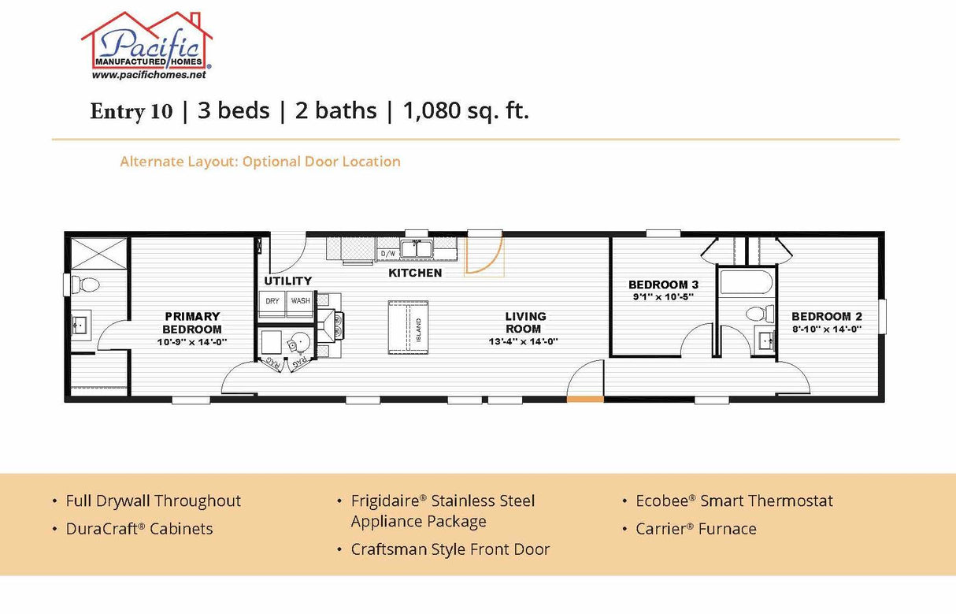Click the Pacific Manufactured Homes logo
[x=147, y=43]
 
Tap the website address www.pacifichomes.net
[x=149, y=76]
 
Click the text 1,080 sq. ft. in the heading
[x=465, y=111]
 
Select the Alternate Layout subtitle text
[x=260, y=162]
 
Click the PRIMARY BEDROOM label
[x=192, y=323]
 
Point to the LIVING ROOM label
[x=525, y=323]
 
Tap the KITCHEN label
[x=415, y=273]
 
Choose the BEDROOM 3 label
[x=663, y=285]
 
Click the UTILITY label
[x=287, y=281]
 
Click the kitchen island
[x=408, y=327]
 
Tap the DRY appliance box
[x=272, y=302]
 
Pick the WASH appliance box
[x=300, y=302]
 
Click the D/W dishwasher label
[x=387, y=254]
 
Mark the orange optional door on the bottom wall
[x=585, y=400]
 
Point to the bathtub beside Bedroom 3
[x=746, y=282]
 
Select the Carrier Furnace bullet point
[x=695, y=529]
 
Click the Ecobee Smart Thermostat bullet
[x=734, y=501]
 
